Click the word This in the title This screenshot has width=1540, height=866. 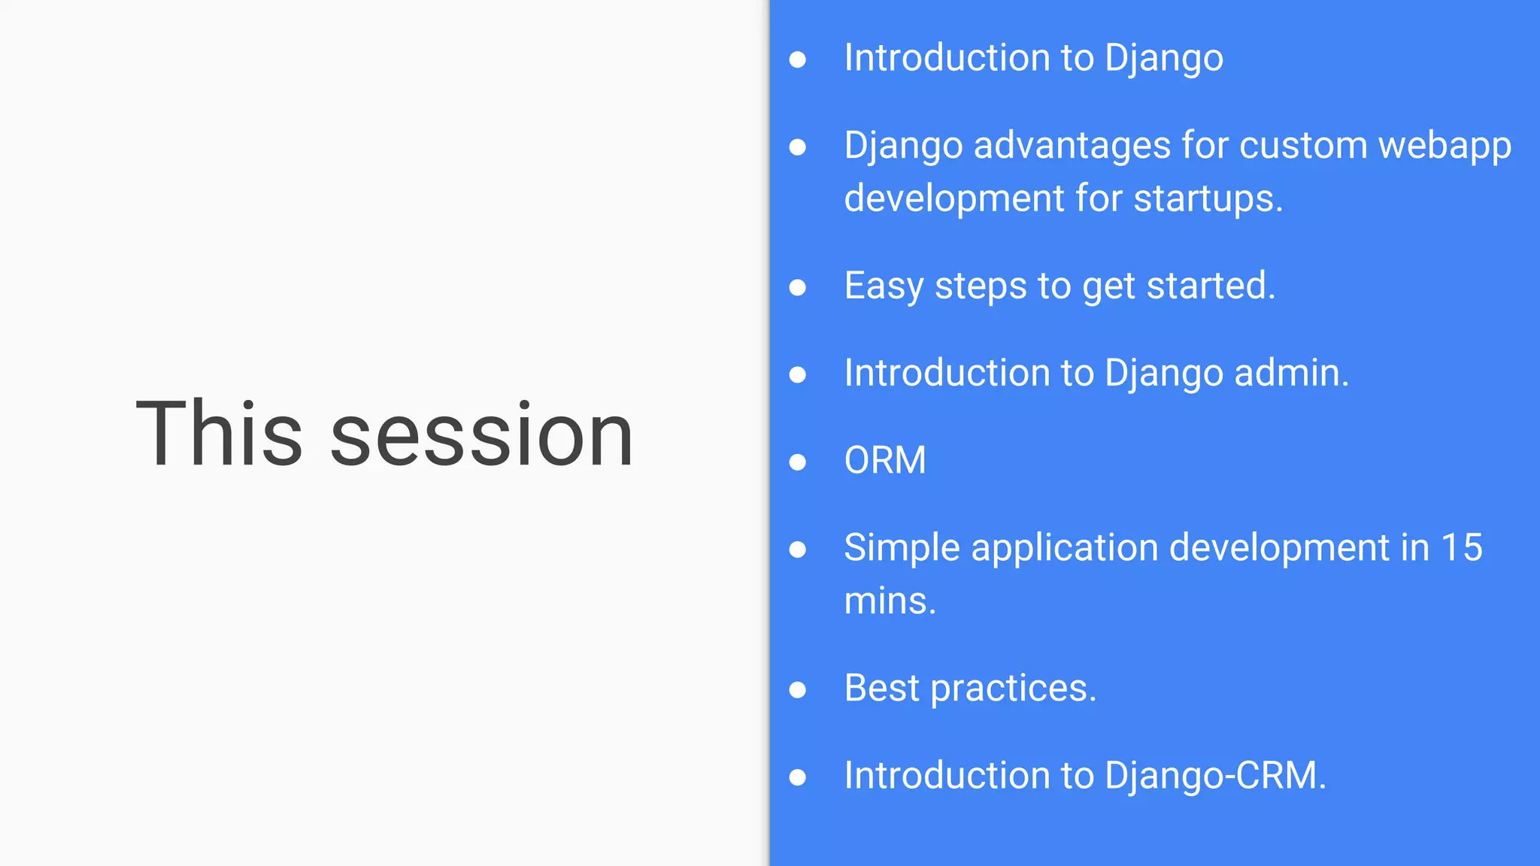click(x=218, y=434)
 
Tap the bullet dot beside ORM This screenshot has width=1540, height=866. click(x=798, y=462)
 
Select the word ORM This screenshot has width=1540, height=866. click(x=884, y=460)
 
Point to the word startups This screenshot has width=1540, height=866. click(x=1208, y=199)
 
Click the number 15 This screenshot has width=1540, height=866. click(x=1461, y=547)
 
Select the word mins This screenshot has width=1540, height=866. click(x=890, y=601)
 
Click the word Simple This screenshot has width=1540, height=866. click(x=902, y=548)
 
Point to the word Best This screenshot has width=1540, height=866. click(x=881, y=688)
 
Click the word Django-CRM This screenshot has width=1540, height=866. click(x=1215, y=776)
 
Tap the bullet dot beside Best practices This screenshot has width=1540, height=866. click(x=798, y=689)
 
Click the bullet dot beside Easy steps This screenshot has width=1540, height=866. click(x=798, y=287)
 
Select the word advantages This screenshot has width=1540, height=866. click(x=1072, y=146)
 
